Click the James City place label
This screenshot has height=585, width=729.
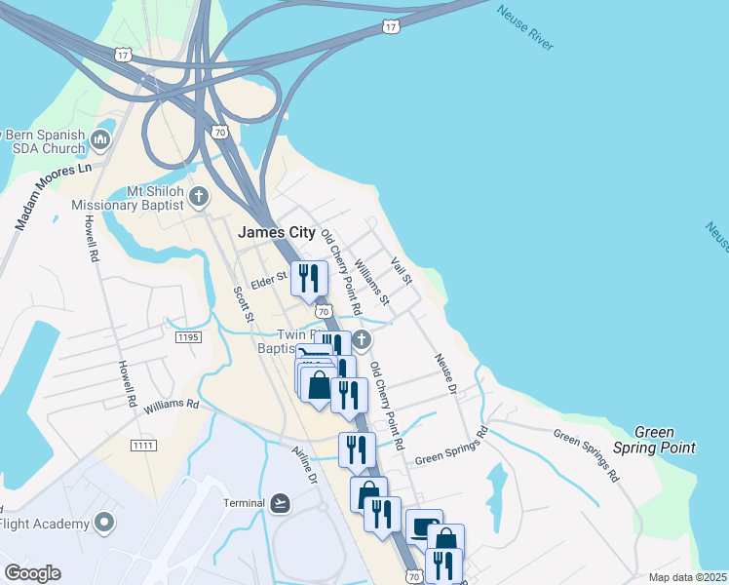pyautogui.click(x=277, y=232)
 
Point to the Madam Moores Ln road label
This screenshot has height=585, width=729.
pyautogui.click(x=53, y=196)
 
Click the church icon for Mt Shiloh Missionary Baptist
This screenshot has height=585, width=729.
pyautogui.click(x=198, y=197)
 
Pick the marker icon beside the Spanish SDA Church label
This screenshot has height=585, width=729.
pyautogui.click(x=100, y=142)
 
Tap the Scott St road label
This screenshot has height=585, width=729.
pyautogui.click(x=243, y=304)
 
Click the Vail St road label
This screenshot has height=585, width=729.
pyautogui.click(x=402, y=271)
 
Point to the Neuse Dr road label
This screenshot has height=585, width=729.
pyautogui.click(x=446, y=373)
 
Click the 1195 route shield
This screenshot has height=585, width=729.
pyautogui.click(x=188, y=336)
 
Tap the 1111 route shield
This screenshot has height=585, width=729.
pyautogui.click(x=142, y=445)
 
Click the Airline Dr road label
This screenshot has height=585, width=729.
pyautogui.click(x=305, y=466)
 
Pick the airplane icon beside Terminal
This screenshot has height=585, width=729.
pyautogui.click(x=281, y=502)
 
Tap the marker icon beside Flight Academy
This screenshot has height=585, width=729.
pyautogui.click(x=104, y=524)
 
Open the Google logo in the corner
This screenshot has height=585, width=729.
pyautogui.click(x=32, y=573)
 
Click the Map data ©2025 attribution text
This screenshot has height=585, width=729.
pyautogui.click(x=687, y=577)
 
